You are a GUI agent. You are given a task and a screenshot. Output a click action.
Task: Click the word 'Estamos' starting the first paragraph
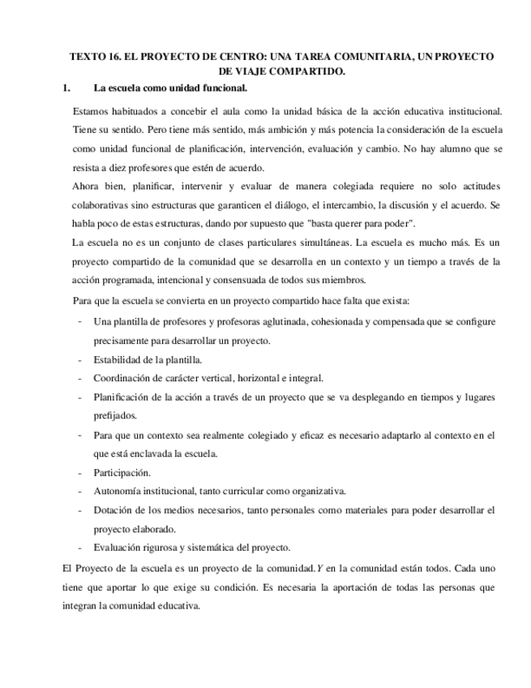click(x=93, y=111)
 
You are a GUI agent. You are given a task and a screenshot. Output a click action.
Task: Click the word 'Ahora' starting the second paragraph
click(x=86, y=187)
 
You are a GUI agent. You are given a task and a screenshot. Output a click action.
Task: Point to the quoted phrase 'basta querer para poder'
click(x=362, y=224)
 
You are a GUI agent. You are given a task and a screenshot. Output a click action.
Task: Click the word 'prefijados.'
click(x=115, y=415)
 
